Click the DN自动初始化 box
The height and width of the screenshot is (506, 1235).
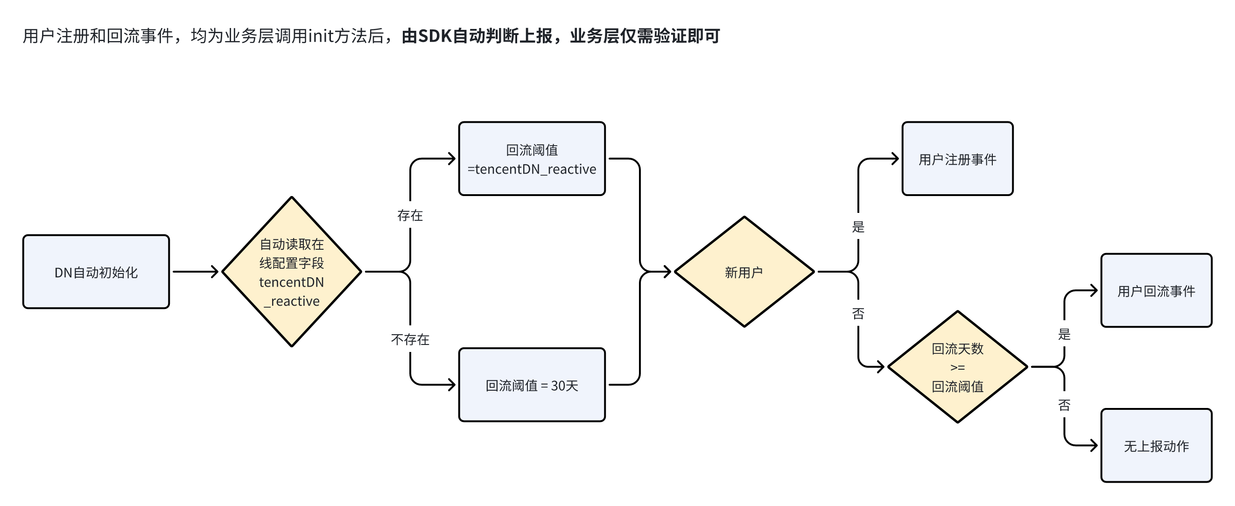coord(96,272)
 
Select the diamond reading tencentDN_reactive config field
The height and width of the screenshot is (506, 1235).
coord(292,272)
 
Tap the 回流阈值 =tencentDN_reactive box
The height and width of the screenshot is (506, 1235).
coord(532,159)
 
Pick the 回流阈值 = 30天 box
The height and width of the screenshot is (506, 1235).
coord(532,385)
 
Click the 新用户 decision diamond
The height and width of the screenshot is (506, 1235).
coord(744,272)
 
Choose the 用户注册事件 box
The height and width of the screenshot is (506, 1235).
coord(957,159)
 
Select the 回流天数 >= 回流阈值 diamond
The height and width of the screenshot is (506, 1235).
coord(957,367)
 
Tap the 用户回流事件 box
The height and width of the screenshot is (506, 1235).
coord(1156,291)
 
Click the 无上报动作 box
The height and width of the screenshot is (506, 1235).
coord(1156,446)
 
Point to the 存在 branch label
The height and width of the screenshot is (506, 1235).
coord(410,215)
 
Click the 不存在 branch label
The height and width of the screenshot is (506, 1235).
coord(410,339)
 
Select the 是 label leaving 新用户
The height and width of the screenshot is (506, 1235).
coord(858,227)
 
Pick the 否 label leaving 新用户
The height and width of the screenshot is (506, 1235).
coord(858,314)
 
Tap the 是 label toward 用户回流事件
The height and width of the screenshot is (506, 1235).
coord(1064,334)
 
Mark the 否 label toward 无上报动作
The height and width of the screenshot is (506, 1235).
coord(1064,405)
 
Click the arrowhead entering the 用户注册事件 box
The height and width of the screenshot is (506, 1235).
coord(895,159)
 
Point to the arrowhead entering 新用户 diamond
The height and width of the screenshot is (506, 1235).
coord(667,272)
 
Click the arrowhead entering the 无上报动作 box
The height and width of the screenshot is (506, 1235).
coord(1094,446)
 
